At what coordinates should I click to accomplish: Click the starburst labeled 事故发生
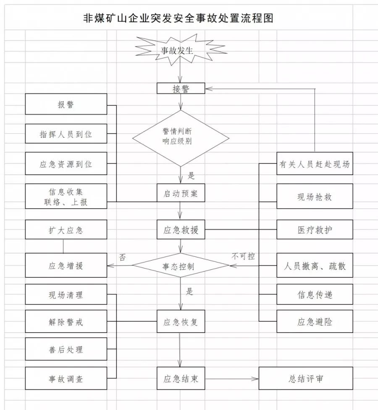tap(180, 51)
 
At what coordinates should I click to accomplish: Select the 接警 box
tap(181, 88)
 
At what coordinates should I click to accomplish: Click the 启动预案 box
tap(181, 194)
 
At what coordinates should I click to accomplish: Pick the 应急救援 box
tap(181, 231)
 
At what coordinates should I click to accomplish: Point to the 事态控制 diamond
tap(181, 266)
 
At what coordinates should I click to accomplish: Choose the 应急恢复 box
tap(181, 322)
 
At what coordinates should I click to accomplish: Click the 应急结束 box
tap(181, 379)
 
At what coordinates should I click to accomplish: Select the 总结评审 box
tap(306, 378)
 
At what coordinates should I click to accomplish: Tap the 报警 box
tap(66, 104)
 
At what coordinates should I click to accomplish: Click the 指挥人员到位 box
tap(66, 135)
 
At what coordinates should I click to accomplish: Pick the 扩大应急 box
tap(66, 231)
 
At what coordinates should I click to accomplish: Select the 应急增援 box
tap(66, 266)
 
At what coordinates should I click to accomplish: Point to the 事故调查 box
tap(66, 378)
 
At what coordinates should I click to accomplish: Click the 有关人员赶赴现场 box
tap(314, 164)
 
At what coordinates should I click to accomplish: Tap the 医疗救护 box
tap(314, 231)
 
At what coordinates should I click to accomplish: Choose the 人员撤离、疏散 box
tap(314, 266)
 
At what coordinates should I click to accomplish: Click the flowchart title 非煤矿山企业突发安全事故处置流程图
tap(178, 18)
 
